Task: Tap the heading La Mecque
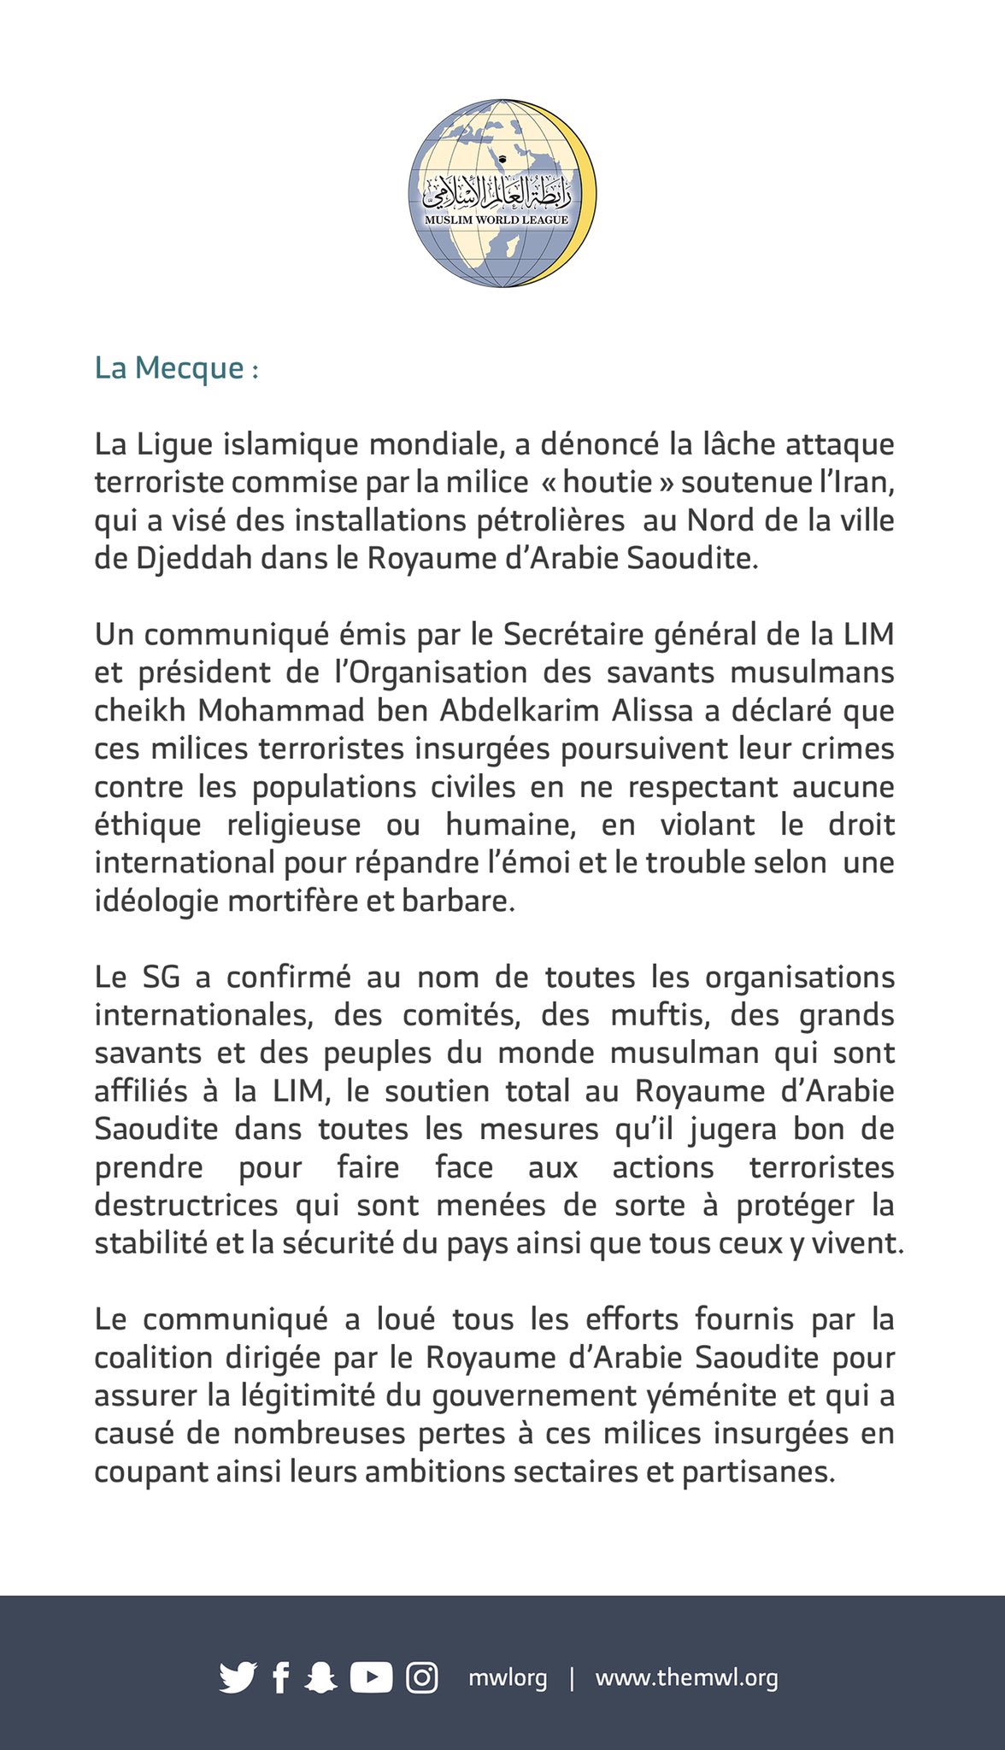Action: pos(176,368)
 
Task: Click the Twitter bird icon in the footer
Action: pos(237,1677)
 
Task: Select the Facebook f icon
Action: pos(280,1677)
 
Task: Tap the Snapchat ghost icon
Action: pos(320,1677)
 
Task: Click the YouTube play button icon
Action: pos(371,1677)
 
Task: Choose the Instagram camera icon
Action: pos(421,1677)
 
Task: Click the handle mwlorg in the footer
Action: pos(507,1677)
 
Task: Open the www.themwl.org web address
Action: pos(686,1677)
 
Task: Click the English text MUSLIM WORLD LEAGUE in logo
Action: pos(497,220)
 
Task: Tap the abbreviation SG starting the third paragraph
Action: pos(161,977)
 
